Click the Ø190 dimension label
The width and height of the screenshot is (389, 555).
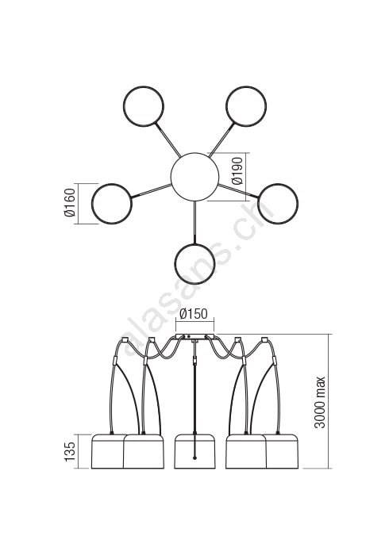point(237,171)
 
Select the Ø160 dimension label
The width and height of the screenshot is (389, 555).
point(70,203)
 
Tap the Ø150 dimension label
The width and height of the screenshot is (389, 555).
point(194,314)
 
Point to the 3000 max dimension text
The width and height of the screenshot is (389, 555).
point(320,402)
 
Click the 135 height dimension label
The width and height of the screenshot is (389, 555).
point(70,451)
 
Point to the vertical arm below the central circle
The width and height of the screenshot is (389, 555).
point(194,222)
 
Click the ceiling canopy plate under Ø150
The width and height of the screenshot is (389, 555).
point(195,336)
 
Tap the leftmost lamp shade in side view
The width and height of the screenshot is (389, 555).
point(108,451)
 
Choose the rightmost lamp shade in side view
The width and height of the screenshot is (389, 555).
point(283,451)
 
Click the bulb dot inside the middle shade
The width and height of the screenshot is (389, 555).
point(194,458)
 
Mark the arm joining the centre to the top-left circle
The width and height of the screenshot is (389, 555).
point(168,139)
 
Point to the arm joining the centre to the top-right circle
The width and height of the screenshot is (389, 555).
point(221,139)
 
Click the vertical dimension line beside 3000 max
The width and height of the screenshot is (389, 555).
point(329,401)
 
